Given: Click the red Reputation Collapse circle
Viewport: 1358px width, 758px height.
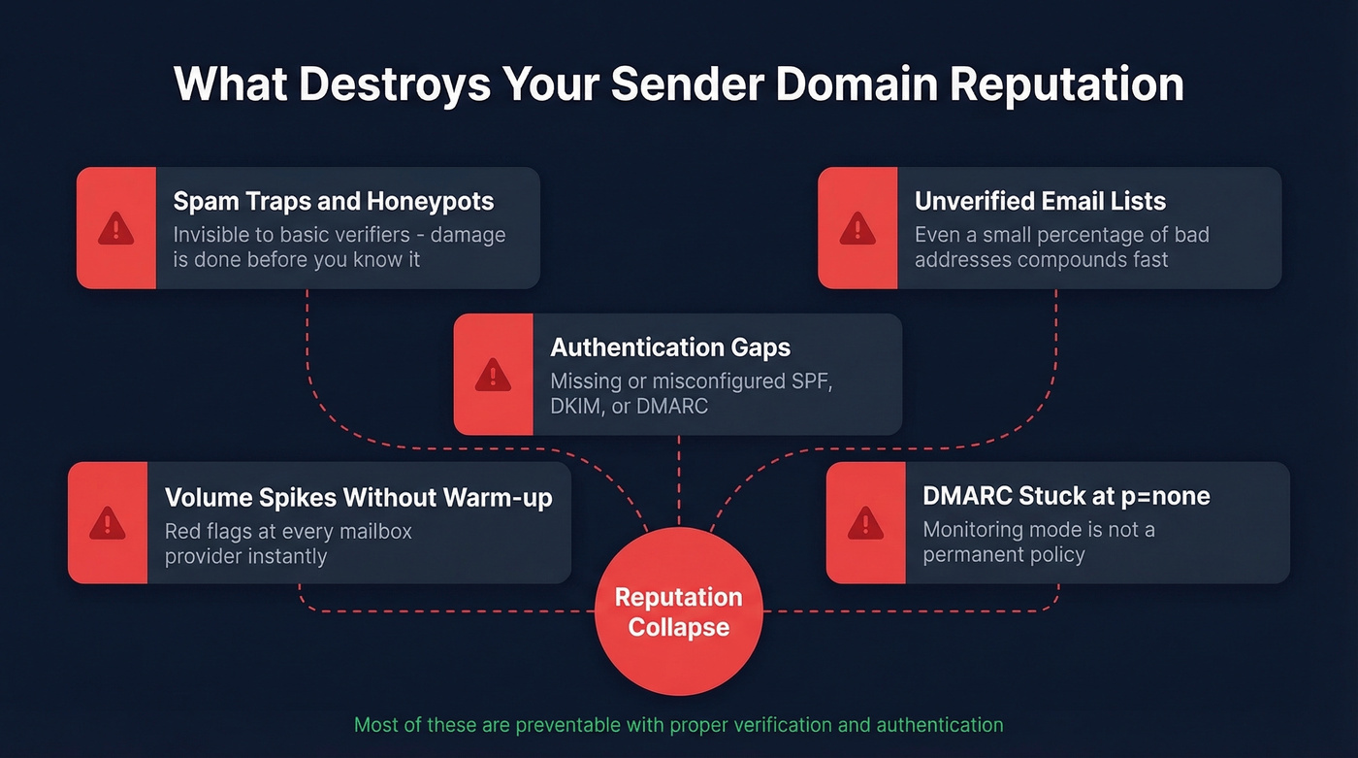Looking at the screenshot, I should click(x=678, y=611).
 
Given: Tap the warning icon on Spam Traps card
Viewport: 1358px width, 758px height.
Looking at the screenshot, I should click(x=116, y=229).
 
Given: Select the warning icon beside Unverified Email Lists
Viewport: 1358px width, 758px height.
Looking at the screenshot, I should click(x=857, y=229).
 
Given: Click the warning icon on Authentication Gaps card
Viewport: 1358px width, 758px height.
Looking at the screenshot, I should click(x=493, y=375).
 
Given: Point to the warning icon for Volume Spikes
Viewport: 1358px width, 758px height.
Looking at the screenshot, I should click(x=108, y=523).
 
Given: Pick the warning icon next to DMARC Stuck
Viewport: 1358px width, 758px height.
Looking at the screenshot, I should click(x=865, y=523).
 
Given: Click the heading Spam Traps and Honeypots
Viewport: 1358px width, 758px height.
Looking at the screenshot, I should click(x=333, y=202).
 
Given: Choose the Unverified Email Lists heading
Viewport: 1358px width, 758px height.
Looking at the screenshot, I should click(x=1040, y=202).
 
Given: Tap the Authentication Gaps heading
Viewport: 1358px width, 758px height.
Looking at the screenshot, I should click(x=670, y=347).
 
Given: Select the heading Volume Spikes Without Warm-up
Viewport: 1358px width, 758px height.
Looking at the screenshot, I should click(x=358, y=498).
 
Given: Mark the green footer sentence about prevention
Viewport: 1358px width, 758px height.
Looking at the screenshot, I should click(x=678, y=725).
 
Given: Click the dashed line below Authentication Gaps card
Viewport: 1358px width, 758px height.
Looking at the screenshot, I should click(x=678, y=476).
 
